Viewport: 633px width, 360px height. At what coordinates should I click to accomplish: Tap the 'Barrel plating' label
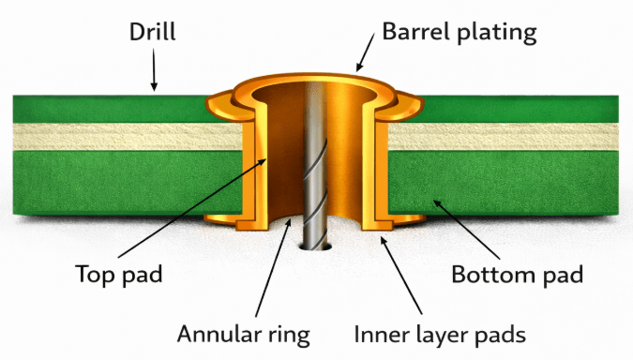[x=460, y=33]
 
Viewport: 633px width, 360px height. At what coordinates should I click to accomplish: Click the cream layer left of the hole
[x=122, y=139]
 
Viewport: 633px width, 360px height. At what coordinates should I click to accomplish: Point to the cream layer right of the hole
[x=506, y=139]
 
